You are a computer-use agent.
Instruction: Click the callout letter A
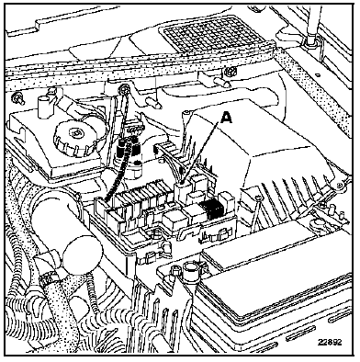tap(226, 118)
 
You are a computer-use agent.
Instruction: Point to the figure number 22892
tap(330, 342)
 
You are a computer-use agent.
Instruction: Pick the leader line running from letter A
tap(202, 153)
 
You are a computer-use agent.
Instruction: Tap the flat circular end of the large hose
tap(82, 255)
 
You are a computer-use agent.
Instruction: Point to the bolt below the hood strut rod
tap(311, 41)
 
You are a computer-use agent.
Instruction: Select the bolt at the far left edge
tap(16, 98)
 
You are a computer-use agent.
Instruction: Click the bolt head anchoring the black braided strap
tap(125, 89)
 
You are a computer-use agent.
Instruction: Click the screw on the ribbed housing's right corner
tap(339, 185)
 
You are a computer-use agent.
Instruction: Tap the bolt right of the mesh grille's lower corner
tap(230, 73)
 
